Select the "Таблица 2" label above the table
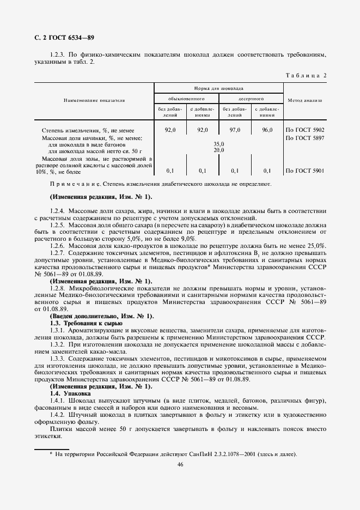tap(305, 75)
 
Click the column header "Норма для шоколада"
tap(218, 88)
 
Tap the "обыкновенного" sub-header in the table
tap(186, 99)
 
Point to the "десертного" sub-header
tap(251, 99)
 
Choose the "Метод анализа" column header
tap(305, 100)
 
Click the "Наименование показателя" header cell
tap(94, 100)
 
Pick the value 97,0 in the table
tap(235, 130)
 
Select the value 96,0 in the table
tap(267, 130)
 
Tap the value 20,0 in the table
tap(218, 150)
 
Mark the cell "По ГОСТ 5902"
tap(305, 130)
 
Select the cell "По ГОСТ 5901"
tap(305, 171)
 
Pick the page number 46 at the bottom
tap(180, 464)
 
